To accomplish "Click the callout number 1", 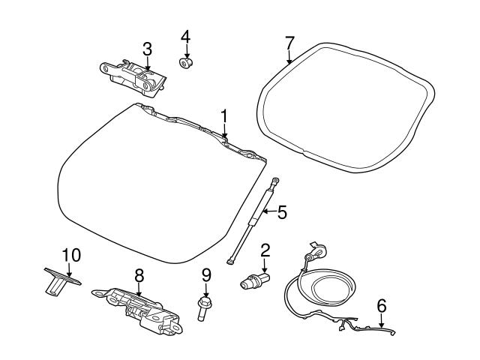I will tap(223, 115).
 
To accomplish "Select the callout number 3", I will tap(147, 49).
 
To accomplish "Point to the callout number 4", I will tap(185, 36).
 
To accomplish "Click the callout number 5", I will tap(282, 212).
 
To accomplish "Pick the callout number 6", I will tap(382, 305).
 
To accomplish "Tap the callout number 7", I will tap(289, 42).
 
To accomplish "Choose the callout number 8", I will tap(139, 276).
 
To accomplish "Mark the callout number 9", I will tap(205, 276).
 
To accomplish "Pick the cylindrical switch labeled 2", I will tap(252, 283).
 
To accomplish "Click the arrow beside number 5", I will tap(267, 213).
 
